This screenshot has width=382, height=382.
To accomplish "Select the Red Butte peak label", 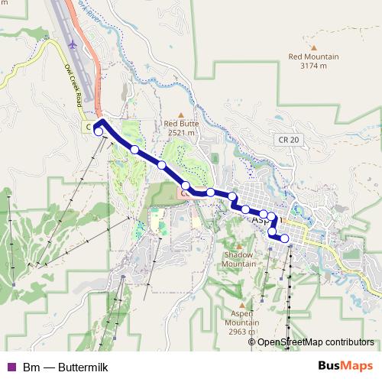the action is pyautogui.click(x=181, y=122).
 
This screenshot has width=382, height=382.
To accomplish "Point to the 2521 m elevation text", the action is pyautogui.click(x=181, y=132).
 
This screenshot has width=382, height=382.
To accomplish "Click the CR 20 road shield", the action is pyautogui.click(x=289, y=139).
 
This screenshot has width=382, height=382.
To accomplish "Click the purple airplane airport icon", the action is pyautogui.click(x=73, y=45).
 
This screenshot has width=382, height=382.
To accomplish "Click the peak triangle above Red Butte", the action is pyautogui.click(x=181, y=112).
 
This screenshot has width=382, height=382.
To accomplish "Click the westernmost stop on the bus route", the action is pyautogui.click(x=99, y=131).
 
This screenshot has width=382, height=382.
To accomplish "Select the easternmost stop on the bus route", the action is pyautogui.click(x=285, y=238).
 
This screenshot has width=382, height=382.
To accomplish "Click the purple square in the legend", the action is pyautogui.click(x=11, y=367).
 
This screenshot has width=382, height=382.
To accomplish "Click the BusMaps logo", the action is pyautogui.click(x=345, y=367).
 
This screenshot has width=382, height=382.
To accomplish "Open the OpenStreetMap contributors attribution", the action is pyautogui.click(x=316, y=342).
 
